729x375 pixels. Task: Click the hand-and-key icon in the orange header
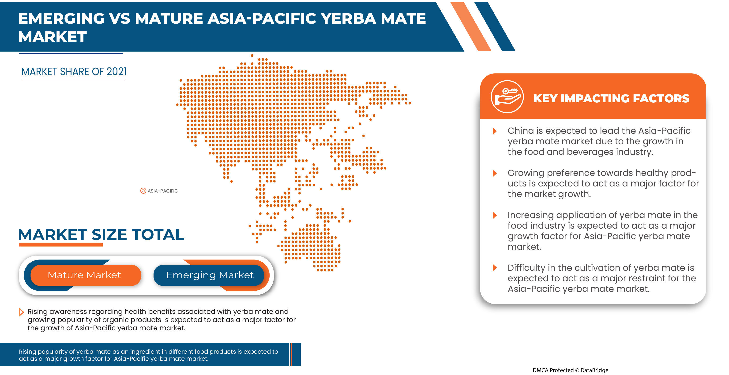507,97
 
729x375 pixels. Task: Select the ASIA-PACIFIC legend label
162,191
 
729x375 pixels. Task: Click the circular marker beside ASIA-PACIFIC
143,191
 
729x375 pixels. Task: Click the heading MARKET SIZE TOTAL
101,234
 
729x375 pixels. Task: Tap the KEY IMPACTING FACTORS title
611,98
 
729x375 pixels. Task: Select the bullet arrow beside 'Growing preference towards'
495,173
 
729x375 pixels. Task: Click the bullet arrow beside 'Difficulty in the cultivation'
495,267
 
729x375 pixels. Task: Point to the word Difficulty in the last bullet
526,267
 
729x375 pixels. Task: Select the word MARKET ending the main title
52,37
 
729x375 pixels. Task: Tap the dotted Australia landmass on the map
311,246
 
